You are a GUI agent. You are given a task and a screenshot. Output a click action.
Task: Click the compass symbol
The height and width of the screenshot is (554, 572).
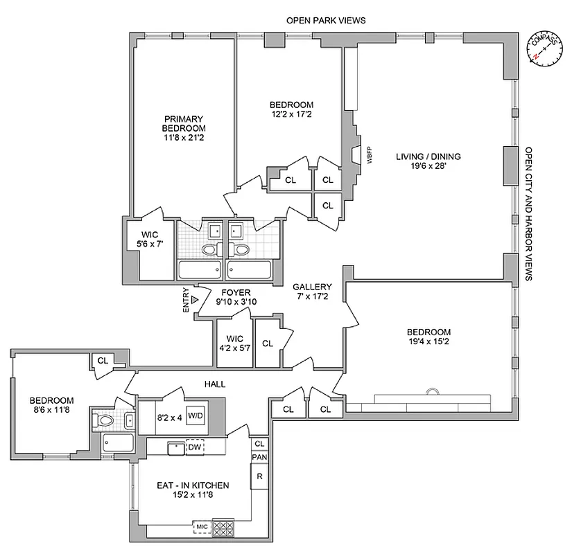coord(544,48)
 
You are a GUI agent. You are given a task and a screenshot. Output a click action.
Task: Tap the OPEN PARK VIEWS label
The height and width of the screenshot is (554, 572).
coord(326,21)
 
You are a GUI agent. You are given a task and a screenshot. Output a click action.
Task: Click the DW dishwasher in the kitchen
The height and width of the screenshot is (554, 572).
coord(195,448)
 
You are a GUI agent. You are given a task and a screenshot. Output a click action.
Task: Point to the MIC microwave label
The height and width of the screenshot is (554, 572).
coord(202,527)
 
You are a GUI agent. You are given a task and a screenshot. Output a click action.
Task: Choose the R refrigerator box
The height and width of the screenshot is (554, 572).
coord(259,477)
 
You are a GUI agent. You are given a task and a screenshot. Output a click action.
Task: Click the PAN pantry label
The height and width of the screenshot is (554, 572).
coord(259,457)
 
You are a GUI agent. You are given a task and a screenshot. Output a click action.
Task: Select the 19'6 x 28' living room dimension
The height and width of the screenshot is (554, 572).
coord(428,167)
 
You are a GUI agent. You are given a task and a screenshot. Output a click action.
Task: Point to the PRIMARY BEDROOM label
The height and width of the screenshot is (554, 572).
coord(184,123)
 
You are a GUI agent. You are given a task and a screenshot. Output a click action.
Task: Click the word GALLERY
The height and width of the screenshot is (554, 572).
coord(312,286)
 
